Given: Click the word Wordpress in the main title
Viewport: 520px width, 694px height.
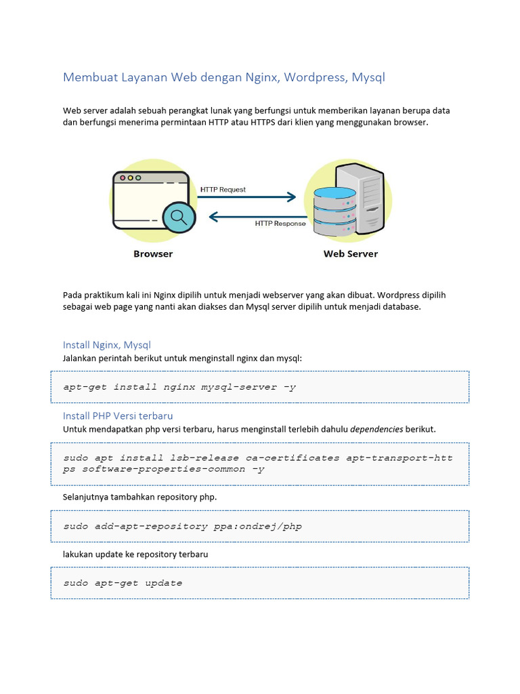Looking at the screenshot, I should coord(314,77).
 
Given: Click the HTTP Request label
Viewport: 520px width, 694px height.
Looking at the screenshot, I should coord(223,190).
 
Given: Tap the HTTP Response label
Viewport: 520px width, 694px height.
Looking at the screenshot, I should coord(280,223).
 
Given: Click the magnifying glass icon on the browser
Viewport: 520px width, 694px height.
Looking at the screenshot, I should coord(179,217).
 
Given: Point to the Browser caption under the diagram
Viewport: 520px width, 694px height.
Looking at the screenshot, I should coord(153,254).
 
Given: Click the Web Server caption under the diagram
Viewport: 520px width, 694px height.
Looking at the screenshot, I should coord(350,254).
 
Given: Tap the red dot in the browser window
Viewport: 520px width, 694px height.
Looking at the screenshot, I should coord(123,178).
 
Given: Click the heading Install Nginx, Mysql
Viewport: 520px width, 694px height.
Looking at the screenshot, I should coord(106,345).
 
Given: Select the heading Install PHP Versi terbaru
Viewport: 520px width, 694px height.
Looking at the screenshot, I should coord(123,415).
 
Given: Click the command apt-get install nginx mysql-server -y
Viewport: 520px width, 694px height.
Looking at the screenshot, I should coord(179,387).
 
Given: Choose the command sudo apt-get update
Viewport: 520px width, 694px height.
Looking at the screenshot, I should coord(123,583).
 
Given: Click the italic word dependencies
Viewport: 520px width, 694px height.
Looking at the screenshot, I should coord(377,429).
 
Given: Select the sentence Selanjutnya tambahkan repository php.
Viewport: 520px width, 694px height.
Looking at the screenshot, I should coord(140,497).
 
